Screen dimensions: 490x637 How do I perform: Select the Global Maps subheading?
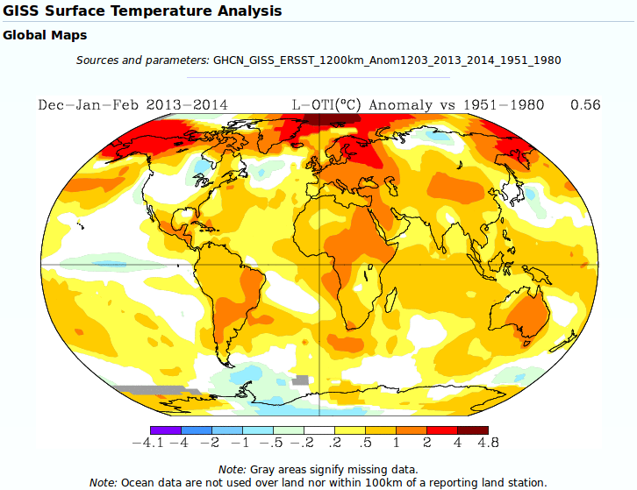45,36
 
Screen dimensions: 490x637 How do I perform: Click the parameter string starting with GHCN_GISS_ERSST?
387,60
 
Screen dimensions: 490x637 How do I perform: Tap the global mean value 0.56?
585,105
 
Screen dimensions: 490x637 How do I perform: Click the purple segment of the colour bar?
165,430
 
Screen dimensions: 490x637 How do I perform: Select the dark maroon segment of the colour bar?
472,430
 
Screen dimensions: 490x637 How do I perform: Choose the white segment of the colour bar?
318,430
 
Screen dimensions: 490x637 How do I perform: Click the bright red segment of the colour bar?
441,430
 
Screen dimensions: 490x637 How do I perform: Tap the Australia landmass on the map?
526,313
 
